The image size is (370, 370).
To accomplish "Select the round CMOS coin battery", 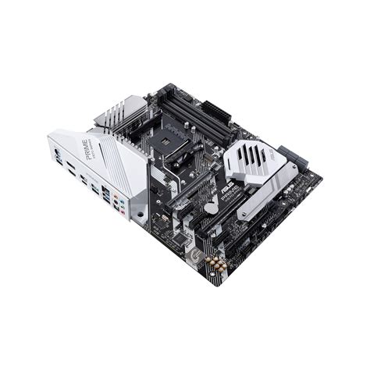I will (210, 209).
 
